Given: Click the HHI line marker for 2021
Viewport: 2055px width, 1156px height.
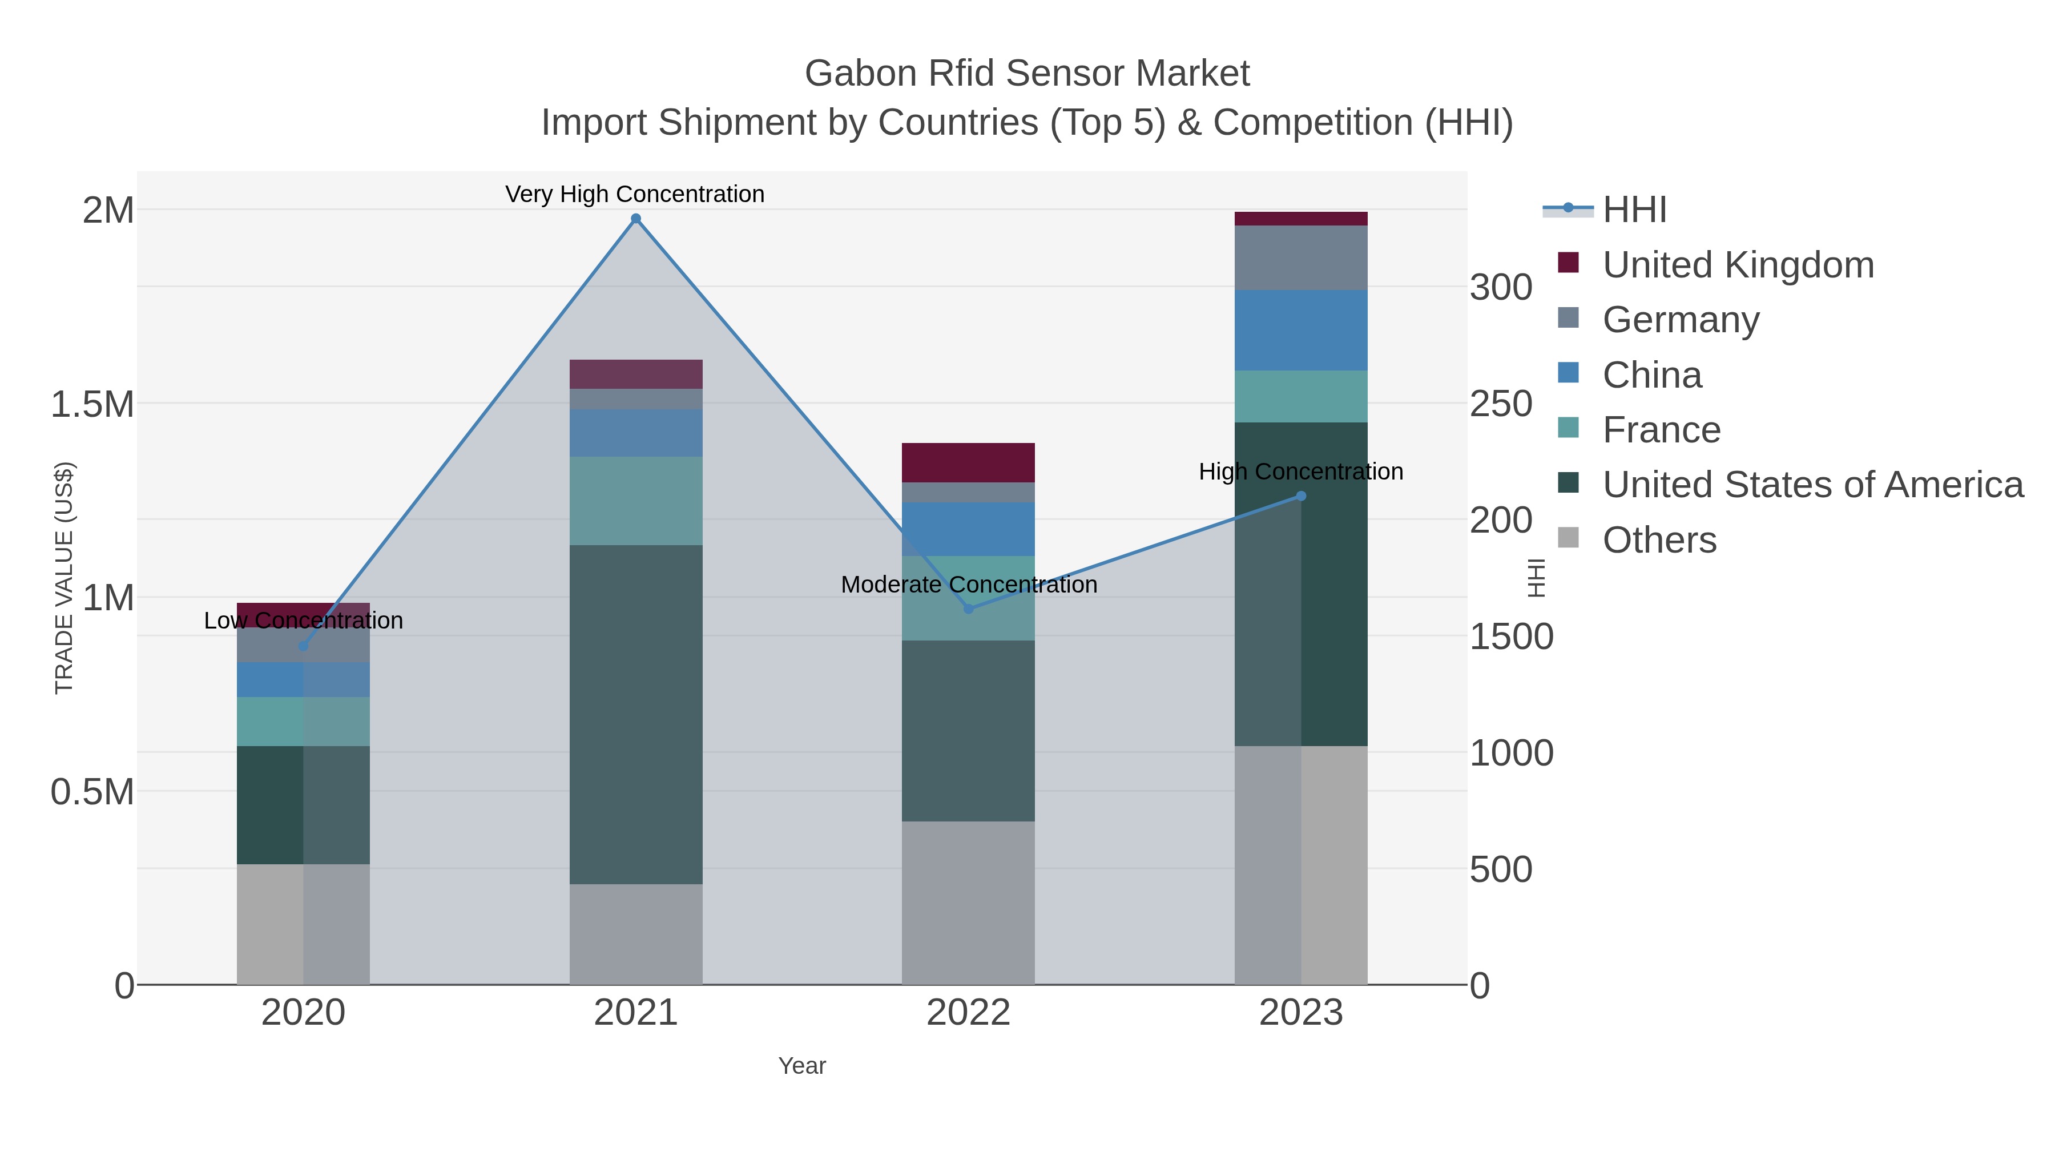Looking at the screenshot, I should point(636,219).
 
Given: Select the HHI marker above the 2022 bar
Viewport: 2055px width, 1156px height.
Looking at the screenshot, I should point(969,609).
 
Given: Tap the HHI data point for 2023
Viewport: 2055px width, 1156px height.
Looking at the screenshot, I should point(1301,496).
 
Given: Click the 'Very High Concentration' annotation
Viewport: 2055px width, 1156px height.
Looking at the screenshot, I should point(634,194).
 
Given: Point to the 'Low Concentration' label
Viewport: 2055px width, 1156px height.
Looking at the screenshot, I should point(303,620).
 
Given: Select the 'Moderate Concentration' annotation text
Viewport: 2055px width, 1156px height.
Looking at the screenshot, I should point(969,584).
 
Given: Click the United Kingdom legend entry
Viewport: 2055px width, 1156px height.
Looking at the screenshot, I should point(1738,265).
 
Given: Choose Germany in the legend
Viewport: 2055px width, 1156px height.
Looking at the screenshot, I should point(1680,320).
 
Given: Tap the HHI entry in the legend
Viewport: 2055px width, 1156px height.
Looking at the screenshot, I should point(1634,210).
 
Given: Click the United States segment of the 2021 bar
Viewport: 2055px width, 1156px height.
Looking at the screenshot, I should point(636,714).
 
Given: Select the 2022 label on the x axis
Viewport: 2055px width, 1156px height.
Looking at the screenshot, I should point(969,1013).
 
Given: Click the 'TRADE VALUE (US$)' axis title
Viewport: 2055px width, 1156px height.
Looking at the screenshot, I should point(64,578).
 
